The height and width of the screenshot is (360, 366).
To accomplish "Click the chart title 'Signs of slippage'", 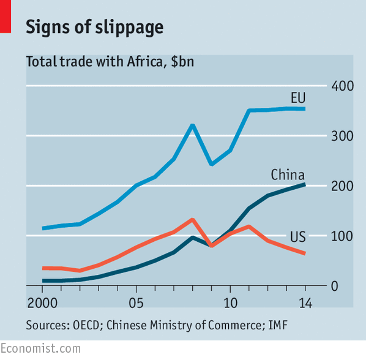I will (x=94, y=27).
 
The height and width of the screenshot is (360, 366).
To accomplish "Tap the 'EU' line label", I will (x=298, y=98).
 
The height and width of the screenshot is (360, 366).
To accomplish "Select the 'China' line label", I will (x=288, y=175).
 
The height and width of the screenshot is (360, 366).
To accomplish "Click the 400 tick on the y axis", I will (x=342, y=86).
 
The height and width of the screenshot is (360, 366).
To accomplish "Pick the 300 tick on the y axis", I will (x=342, y=136).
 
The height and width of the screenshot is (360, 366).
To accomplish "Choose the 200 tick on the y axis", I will (x=342, y=186).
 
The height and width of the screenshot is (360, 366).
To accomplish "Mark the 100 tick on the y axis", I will (x=342, y=236).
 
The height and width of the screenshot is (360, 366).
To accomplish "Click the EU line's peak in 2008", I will (x=192, y=126).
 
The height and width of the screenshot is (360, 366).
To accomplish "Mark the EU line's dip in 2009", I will (x=211, y=164).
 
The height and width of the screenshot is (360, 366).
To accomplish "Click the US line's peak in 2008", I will (x=192, y=219).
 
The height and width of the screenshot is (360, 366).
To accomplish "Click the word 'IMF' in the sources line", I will (x=277, y=326).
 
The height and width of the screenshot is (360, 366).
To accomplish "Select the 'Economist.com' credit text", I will (x=40, y=348).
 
